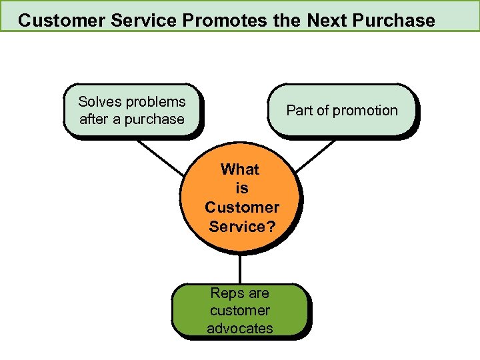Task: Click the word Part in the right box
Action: pos(300,111)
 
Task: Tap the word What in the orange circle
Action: pos(240,169)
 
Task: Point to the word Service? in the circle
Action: pos(242,227)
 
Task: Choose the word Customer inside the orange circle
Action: pos(242,207)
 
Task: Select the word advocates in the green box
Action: pos(240,328)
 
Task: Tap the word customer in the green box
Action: pos(240,311)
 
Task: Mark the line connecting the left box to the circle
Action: pos(160,157)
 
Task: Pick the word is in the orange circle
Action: pos(241,189)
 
